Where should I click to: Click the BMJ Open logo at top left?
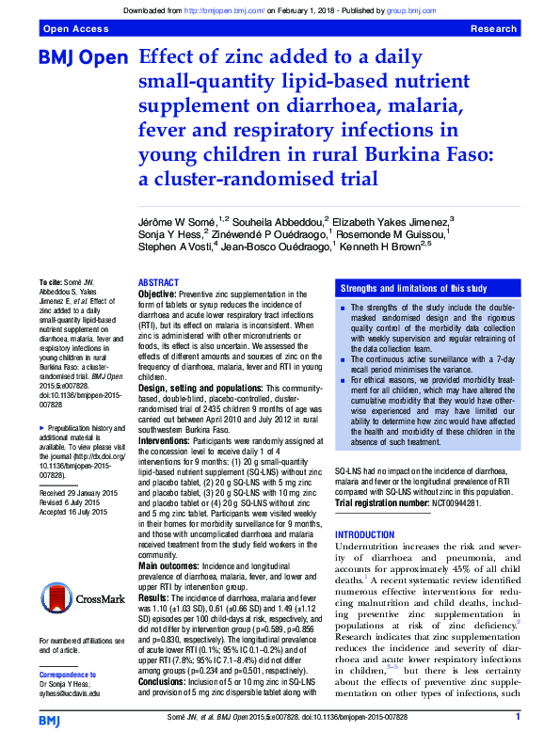pyautogui.click(x=82, y=58)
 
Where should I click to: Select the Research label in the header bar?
pyautogui.click(x=493, y=29)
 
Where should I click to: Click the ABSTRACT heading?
pyautogui.click(x=158, y=283)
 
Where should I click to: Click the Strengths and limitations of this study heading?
pyautogui.click(x=413, y=288)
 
